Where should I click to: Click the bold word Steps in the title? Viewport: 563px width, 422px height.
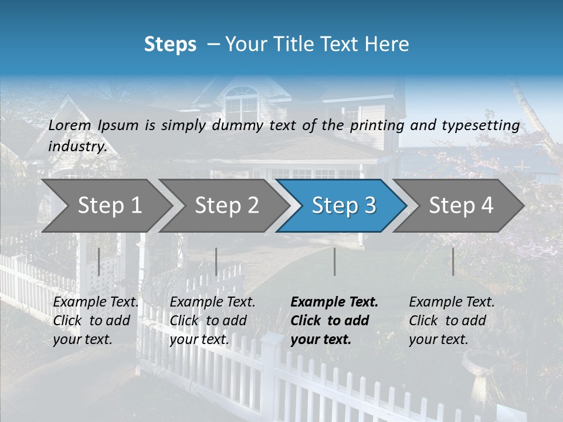(170, 45)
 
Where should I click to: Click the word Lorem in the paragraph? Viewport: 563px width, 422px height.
(70, 125)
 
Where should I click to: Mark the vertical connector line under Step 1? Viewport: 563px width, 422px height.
(99, 261)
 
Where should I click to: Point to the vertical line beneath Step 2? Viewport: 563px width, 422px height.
(216, 261)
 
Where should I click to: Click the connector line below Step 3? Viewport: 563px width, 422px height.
(334, 261)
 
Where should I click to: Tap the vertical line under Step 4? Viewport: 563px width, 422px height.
(453, 261)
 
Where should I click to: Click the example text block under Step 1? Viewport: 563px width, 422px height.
(96, 321)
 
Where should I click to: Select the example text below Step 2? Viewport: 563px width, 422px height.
(212, 321)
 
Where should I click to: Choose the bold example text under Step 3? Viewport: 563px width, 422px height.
(334, 321)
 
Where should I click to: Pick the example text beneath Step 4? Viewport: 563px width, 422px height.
(452, 321)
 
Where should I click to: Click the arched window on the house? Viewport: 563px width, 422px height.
(241, 102)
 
